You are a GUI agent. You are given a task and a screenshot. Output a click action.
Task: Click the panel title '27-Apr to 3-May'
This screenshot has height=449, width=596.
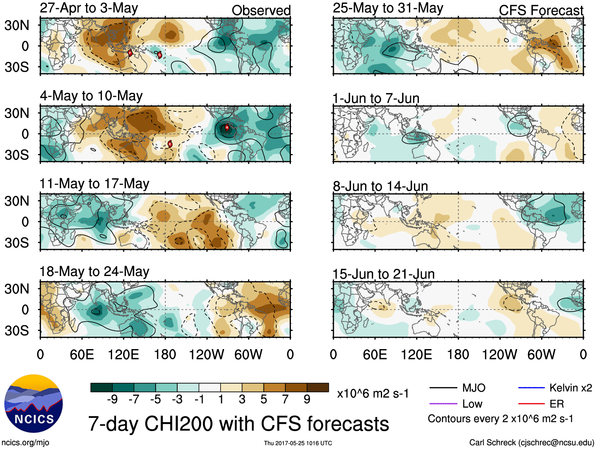tap(89, 8)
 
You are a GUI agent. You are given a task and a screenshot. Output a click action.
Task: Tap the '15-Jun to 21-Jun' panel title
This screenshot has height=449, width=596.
tap(383, 274)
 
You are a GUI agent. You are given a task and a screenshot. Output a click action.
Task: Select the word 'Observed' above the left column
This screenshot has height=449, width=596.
tap(261, 10)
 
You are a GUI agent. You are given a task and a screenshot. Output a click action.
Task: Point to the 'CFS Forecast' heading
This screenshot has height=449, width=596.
tap(541, 10)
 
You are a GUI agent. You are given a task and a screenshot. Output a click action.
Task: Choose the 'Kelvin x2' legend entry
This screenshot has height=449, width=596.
tap(555, 388)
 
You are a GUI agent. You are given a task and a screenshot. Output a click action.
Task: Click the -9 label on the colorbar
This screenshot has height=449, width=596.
tap(112, 399)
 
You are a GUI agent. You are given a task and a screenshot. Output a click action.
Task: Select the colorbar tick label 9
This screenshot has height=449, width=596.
tap(307, 399)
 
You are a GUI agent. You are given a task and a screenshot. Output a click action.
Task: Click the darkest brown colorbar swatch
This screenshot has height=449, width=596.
tap(318, 387)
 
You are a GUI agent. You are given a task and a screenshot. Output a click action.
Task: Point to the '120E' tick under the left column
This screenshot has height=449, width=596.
tap(124, 354)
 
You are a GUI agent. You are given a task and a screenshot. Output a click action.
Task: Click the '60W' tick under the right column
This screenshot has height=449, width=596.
tap(541, 354)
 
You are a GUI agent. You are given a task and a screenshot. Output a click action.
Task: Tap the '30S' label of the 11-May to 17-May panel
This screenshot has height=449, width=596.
tap(17, 242)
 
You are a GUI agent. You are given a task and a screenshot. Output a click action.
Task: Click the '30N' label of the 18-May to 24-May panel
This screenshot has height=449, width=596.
tap(17, 289)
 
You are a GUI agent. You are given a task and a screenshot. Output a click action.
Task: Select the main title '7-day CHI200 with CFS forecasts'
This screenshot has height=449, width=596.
tap(238, 423)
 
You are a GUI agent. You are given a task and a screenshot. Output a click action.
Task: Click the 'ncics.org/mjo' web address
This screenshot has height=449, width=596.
tap(25, 443)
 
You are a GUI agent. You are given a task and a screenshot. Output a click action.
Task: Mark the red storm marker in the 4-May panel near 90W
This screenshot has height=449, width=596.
tap(227, 127)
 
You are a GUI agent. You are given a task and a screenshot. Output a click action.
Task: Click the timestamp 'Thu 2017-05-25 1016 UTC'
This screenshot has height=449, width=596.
tap(298, 443)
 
